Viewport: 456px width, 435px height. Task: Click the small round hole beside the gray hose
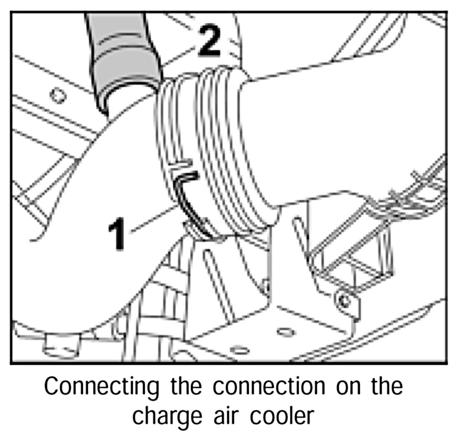click(57, 95)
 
